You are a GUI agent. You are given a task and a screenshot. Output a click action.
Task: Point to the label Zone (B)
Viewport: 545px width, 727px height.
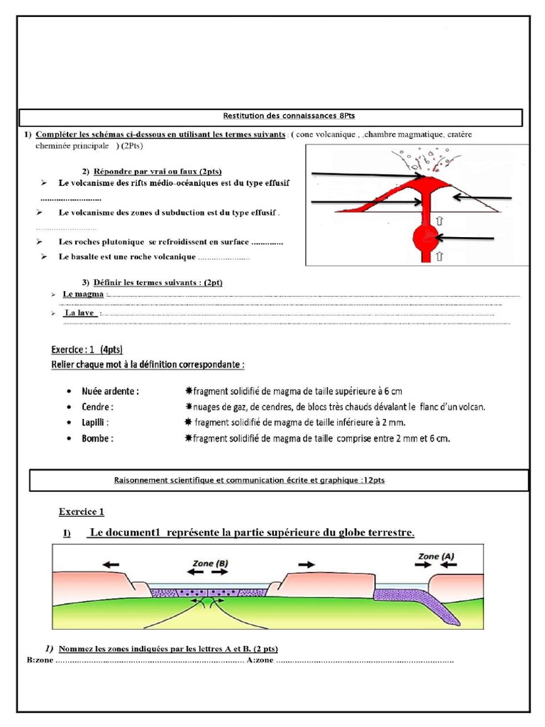[211, 562]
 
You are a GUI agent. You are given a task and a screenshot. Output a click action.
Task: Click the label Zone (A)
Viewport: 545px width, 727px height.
[436, 557]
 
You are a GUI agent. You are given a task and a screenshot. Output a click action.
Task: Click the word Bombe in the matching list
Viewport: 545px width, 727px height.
[98, 439]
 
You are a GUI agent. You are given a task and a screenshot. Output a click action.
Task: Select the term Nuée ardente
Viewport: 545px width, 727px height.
[111, 391]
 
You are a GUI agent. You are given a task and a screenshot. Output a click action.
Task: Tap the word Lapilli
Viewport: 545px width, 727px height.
[97, 423]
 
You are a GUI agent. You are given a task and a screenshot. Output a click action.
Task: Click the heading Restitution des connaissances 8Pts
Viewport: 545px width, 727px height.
[270, 116]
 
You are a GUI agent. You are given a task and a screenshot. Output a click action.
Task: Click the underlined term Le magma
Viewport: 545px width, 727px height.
[83, 294]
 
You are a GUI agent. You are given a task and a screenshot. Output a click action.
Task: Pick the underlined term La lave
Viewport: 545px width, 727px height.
[80, 312]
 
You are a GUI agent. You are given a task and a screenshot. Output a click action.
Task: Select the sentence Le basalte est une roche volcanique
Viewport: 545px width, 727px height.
[128, 257]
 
